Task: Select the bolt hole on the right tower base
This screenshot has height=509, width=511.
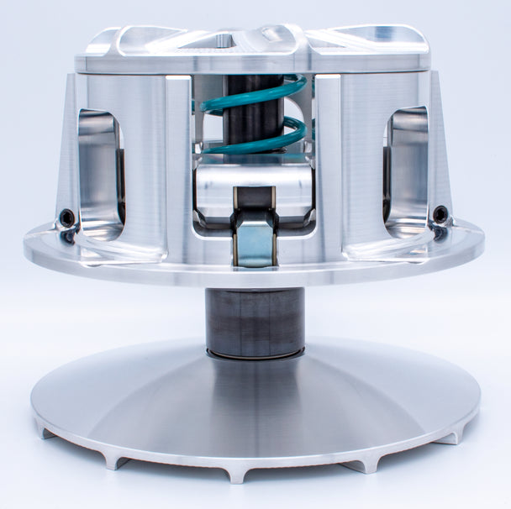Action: [x=440, y=215]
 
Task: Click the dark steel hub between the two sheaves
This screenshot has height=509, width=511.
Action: [x=255, y=322]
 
